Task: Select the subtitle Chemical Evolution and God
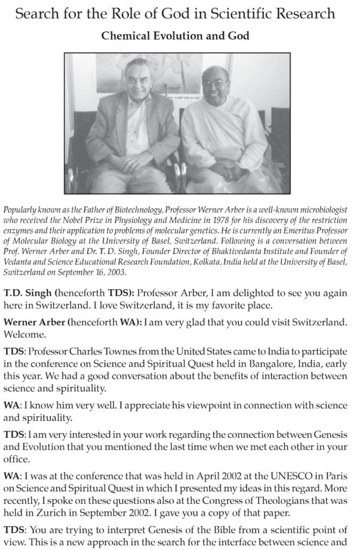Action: click(x=175, y=36)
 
